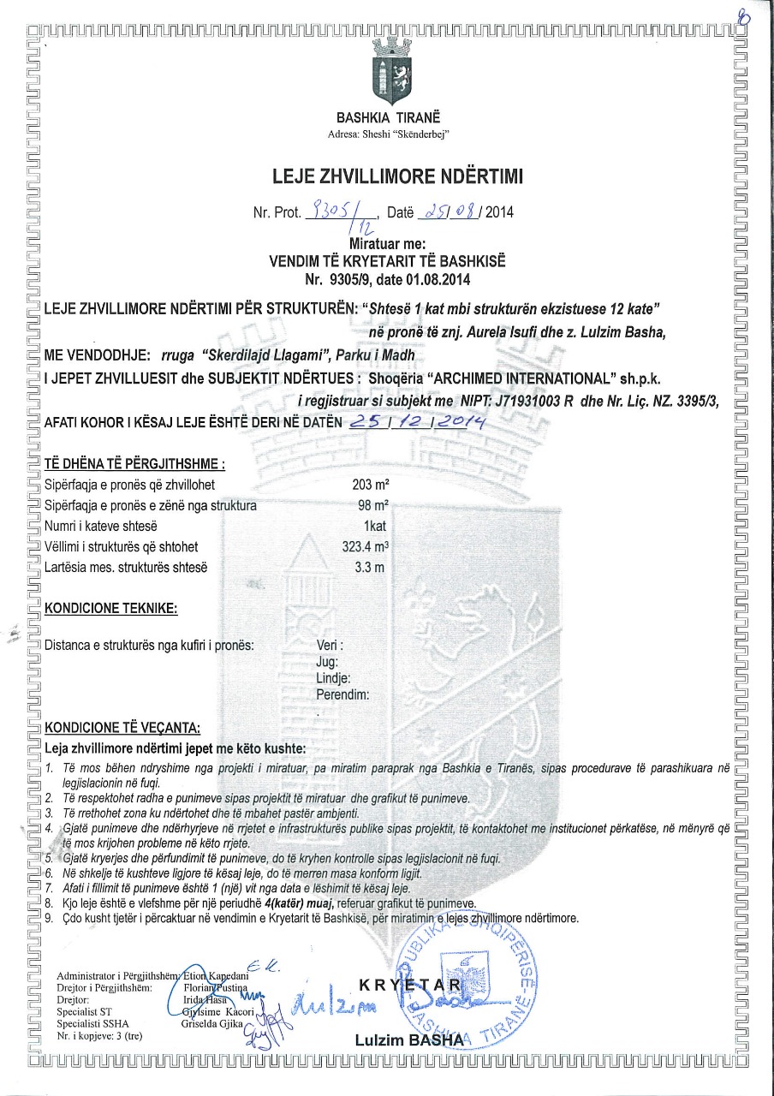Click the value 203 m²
tap(370, 485)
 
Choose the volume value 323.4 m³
tap(365, 546)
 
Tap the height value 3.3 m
tap(369, 567)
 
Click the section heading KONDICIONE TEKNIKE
tap(110, 609)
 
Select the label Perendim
tap(342, 694)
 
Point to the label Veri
tap(330, 645)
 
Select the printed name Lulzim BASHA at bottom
tap(408, 1039)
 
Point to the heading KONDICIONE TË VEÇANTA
tap(122, 729)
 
